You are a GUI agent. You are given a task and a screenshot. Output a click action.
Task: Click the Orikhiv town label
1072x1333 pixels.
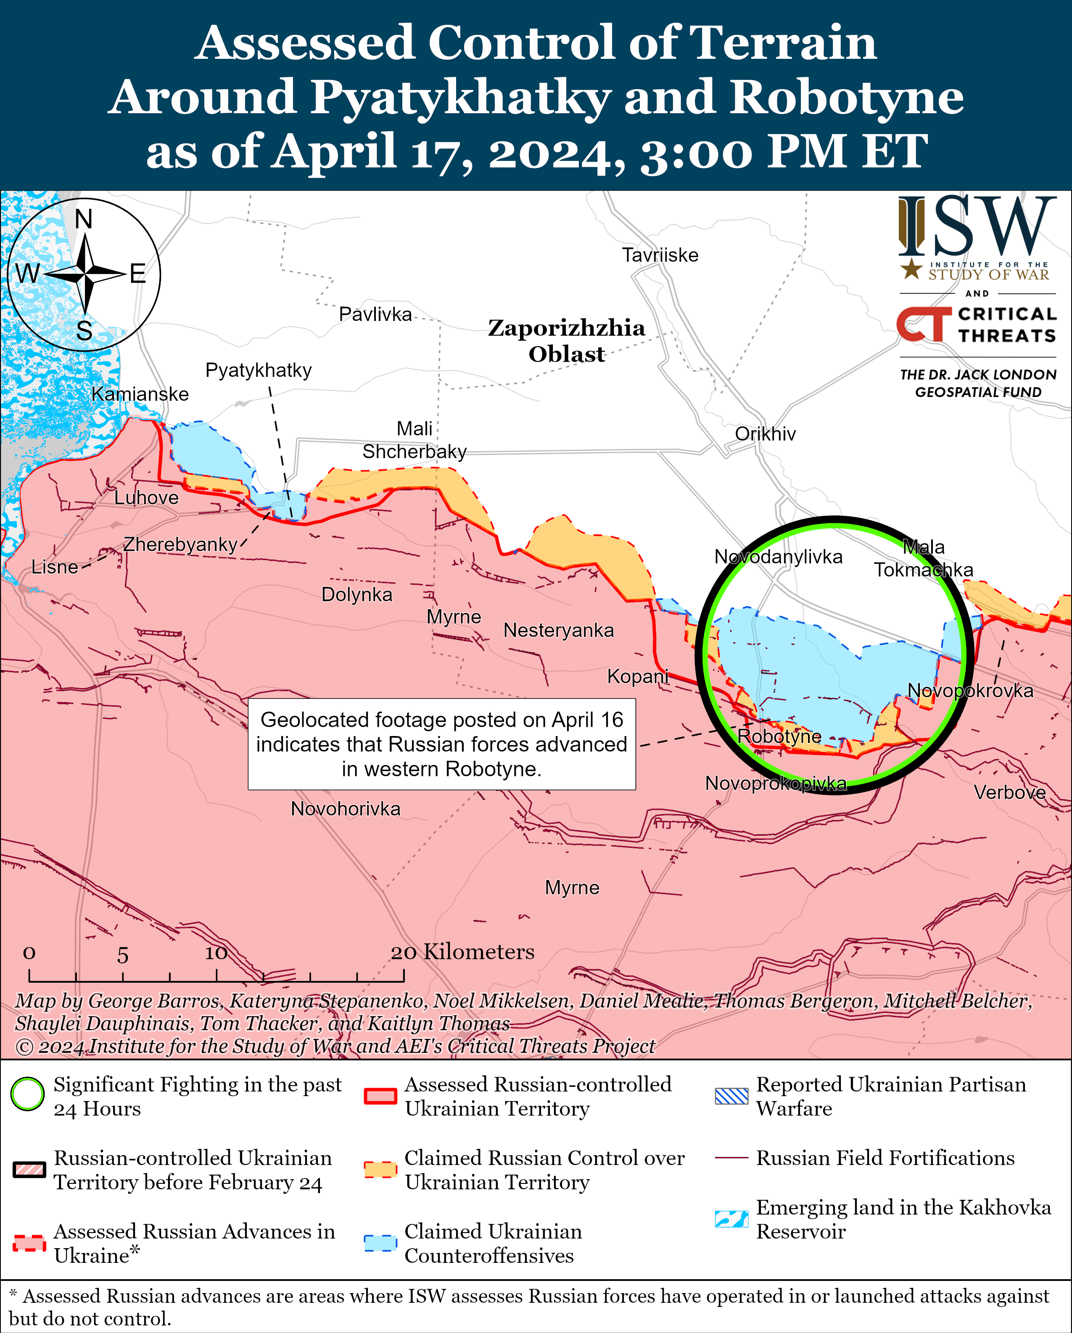765,434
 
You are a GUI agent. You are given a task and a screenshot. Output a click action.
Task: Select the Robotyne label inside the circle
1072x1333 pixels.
779,736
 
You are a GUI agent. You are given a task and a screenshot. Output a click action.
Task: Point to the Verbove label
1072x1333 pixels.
1009,793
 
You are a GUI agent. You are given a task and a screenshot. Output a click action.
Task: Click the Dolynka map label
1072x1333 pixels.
356,595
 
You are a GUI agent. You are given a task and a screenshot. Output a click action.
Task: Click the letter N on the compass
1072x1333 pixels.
84,219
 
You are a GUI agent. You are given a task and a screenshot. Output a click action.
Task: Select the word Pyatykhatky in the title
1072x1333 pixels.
460,97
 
